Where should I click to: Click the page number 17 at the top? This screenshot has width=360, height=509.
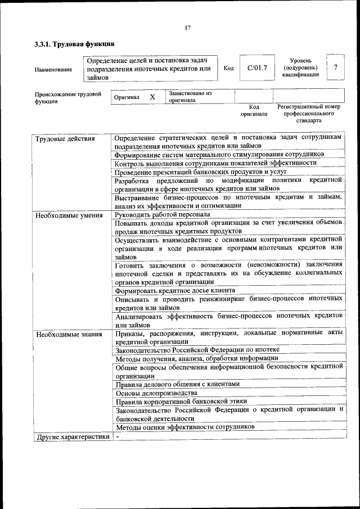click(188, 28)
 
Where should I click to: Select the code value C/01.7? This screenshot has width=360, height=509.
click(256, 68)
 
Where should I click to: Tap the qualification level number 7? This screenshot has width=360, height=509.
click(335, 68)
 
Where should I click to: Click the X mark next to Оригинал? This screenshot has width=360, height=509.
click(152, 97)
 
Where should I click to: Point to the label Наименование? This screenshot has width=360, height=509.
click(53, 69)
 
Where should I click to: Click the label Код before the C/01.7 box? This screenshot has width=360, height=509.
click(228, 68)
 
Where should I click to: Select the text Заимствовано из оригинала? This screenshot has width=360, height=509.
click(190, 97)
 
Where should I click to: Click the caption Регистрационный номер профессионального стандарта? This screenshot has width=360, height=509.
click(309, 113)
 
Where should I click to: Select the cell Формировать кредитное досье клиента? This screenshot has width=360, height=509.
click(175, 291)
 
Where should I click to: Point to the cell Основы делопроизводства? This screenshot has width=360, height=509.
click(156, 393)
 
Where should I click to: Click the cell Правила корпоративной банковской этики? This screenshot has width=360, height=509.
click(179, 402)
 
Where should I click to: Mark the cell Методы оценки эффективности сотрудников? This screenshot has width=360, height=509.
click(185, 427)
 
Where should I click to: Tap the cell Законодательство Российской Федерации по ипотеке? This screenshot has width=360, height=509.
click(197, 350)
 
